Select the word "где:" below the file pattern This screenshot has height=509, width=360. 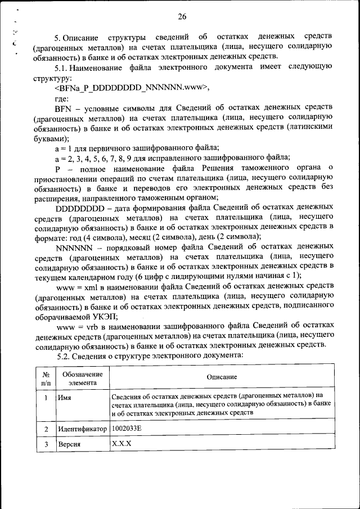[x=62, y=97]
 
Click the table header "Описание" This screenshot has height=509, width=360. [x=221, y=377]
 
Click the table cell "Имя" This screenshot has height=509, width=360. [x=64, y=397]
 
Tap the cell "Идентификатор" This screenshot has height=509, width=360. [x=82, y=429]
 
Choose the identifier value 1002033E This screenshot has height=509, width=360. [x=127, y=428]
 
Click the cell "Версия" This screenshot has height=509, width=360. [x=69, y=444]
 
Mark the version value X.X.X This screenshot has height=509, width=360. [x=121, y=443]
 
